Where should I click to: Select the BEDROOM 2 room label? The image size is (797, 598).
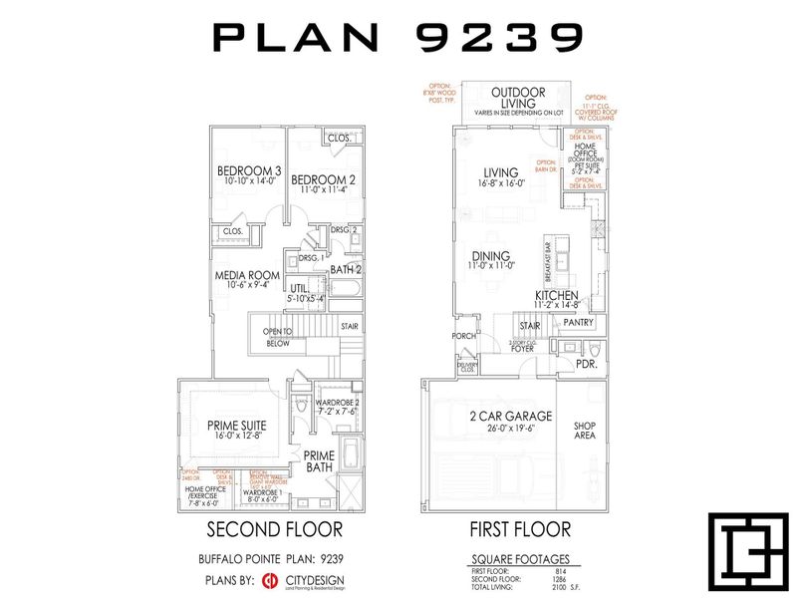pyautogui.click(x=324, y=179)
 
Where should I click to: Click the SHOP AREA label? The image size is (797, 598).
pyautogui.click(x=585, y=430)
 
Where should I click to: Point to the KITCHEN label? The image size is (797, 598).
pyautogui.click(x=557, y=296)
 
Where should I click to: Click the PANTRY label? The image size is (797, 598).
pyautogui.click(x=578, y=323)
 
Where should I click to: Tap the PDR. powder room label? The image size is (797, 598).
pyautogui.click(x=588, y=365)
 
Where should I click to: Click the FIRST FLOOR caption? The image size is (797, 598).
pyautogui.click(x=521, y=528)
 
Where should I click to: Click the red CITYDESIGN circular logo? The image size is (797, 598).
pyautogui.click(x=269, y=580)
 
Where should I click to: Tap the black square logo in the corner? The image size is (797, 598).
pyautogui.click(x=741, y=549)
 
